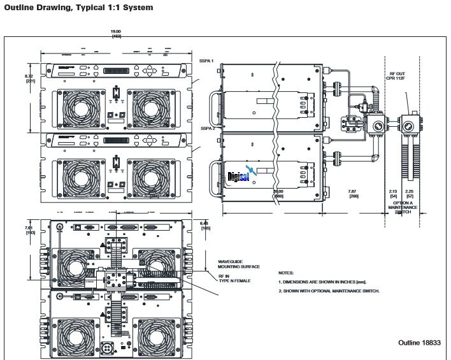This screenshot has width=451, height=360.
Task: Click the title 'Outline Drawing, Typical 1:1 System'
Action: coord(79,8)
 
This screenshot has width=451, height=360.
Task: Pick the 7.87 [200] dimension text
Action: coord(353,193)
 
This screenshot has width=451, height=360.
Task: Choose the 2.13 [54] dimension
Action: coord(393,193)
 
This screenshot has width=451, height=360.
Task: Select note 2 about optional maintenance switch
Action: coord(329,291)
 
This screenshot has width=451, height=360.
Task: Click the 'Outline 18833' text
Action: coord(419,342)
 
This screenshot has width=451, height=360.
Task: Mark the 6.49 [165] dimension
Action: coord(204,225)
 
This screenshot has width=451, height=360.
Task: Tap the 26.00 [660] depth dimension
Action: coord(278,193)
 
